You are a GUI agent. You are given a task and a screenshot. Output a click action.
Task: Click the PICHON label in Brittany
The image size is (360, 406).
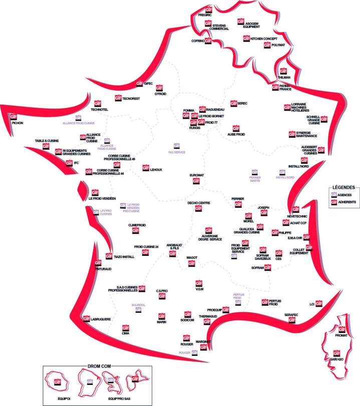tap(17, 122)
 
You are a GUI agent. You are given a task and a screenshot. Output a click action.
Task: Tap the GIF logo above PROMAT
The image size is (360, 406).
tap(342, 329)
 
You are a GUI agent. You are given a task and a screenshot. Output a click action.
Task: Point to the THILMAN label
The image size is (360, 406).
tap(284, 78)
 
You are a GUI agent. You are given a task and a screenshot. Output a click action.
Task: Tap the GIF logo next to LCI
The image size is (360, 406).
tap(319, 303)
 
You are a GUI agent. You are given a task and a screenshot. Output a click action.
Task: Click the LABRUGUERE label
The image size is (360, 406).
tap(100, 319)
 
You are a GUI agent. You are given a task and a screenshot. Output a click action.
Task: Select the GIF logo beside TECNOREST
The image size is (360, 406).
tap(118, 99)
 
